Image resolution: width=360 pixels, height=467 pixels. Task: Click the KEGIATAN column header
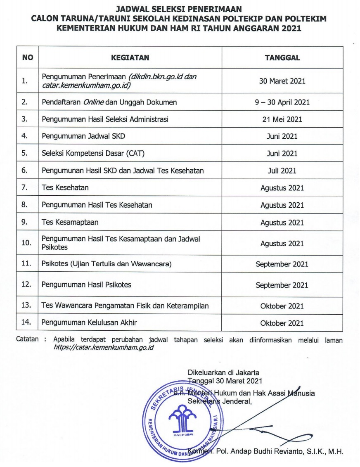pos(130,58)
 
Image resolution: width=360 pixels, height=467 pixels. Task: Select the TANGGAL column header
pos(282,58)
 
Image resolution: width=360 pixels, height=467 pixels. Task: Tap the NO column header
pos(28,58)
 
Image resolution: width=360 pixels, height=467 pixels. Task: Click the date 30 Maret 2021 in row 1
pos(282,81)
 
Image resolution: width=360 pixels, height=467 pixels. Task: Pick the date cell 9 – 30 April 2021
pos(282,102)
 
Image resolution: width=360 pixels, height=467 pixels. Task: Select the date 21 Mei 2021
pos(282,119)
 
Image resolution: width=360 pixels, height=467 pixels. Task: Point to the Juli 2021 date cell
pos(282,171)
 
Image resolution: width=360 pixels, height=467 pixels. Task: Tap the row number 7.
pos(25,187)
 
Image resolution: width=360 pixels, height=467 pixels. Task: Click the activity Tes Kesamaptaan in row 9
pos(70,222)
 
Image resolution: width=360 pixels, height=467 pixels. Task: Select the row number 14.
pos(26,322)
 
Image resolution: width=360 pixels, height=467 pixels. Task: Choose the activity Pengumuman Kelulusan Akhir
pos(89,322)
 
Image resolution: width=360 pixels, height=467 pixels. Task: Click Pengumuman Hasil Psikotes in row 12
pos(87,284)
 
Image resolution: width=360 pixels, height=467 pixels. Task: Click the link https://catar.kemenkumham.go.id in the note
pos(104,348)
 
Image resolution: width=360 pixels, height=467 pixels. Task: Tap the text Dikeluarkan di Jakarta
pos(224,372)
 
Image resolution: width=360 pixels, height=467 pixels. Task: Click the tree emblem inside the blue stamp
pos(182,417)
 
